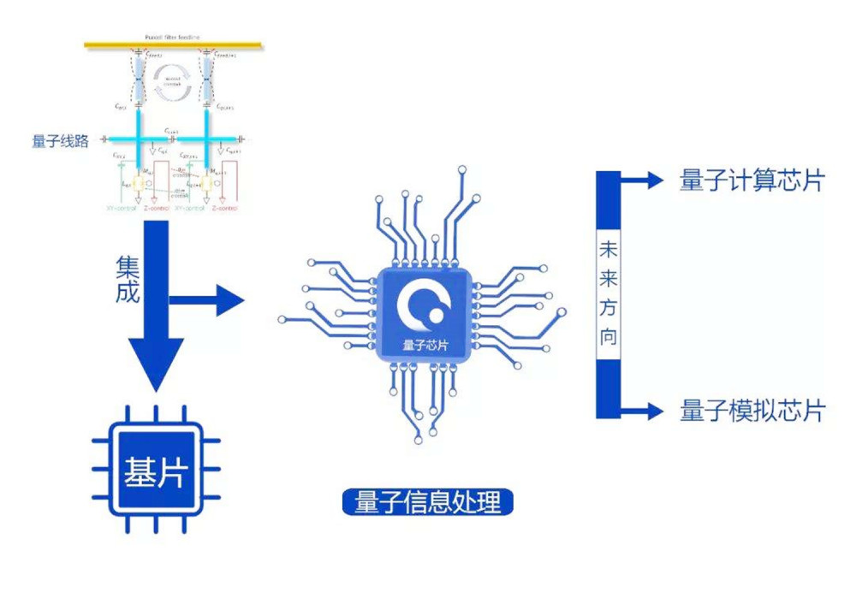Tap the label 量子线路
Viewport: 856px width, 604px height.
(61, 141)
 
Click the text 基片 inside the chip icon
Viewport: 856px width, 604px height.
(155, 471)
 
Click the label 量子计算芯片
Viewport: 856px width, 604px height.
(752, 181)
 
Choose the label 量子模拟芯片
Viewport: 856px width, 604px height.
(752, 411)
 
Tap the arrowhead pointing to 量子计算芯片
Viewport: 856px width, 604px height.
(655, 180)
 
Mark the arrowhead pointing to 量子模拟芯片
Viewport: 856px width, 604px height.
(655, 411)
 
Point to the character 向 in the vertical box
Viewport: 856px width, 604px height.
(608, 336)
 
